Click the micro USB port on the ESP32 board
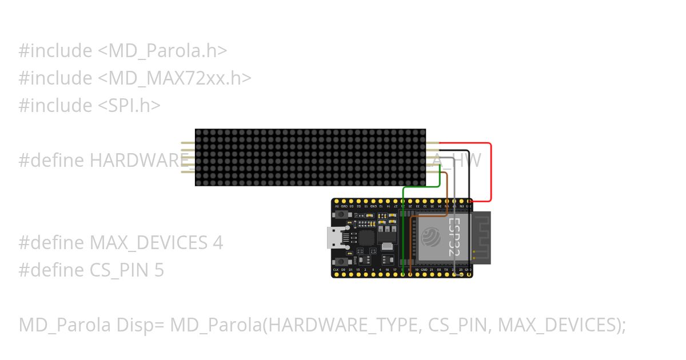pyautogui.click(x=334, y=237)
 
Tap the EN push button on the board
pyautogui.click(x=341, y=214)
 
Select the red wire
pyautogui.click(x=490, y=171)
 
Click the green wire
pyautogui.click(x=404, y=229)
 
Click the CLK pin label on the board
pyautogui.click(x=336, y=269)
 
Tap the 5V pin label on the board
pyautogui.click(x=337, y=206)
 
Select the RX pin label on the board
pyautogui.click(x=438, y=269)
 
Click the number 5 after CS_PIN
pyautogui.click(x=159, y=270)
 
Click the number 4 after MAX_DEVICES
pyautogui.click(x=218, y=243)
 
